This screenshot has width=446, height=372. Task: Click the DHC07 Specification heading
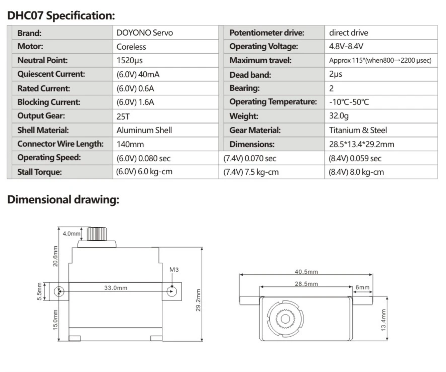coord(61,16)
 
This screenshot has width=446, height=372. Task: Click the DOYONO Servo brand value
coord(145,33)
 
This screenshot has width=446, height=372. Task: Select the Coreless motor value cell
coord(131,47)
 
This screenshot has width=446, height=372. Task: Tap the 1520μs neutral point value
coord(130,61)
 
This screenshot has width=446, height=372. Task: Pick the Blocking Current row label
coord(49,102)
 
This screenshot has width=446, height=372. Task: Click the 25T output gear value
coord(123,116)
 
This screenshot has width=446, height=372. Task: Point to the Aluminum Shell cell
coord(144,130)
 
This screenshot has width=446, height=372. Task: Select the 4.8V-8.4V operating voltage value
coord(346,47)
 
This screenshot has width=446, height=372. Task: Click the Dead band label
coord(250,75)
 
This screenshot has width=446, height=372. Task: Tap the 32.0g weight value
coord(339,116)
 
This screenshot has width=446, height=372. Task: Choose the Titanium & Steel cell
coord(358,130)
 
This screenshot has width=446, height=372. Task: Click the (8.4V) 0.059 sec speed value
coord(355,158)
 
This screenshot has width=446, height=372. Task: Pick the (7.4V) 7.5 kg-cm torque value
coord(251,172)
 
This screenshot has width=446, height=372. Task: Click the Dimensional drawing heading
coord(63,200)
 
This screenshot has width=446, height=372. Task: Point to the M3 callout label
coord(174,269)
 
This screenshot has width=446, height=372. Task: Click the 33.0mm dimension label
coord(116,288)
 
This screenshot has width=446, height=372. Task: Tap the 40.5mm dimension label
coord(306,272)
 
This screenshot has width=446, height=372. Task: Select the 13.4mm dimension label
coord(383,320)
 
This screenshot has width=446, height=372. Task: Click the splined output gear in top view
coord(285,318)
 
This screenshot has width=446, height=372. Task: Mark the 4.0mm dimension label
coord(71,234)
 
